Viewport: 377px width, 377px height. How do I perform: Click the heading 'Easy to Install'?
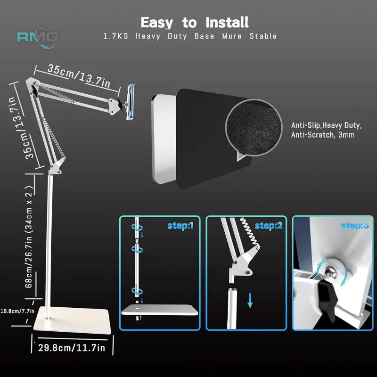195,22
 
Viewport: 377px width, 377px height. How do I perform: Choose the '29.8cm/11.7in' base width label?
72,347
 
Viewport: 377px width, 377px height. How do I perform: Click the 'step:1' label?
180,226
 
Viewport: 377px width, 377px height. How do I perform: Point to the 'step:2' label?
268,226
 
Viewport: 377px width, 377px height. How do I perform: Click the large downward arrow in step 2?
250,300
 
